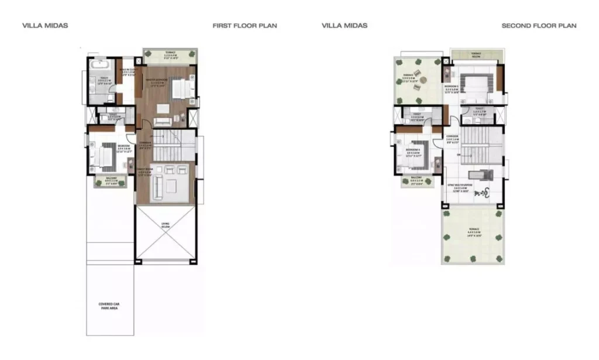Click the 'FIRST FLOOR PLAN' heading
click(245, 26)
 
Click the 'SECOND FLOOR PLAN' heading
click(539, 26)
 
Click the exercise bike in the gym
click(483, 193)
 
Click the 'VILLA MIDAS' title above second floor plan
click(345, 26)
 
